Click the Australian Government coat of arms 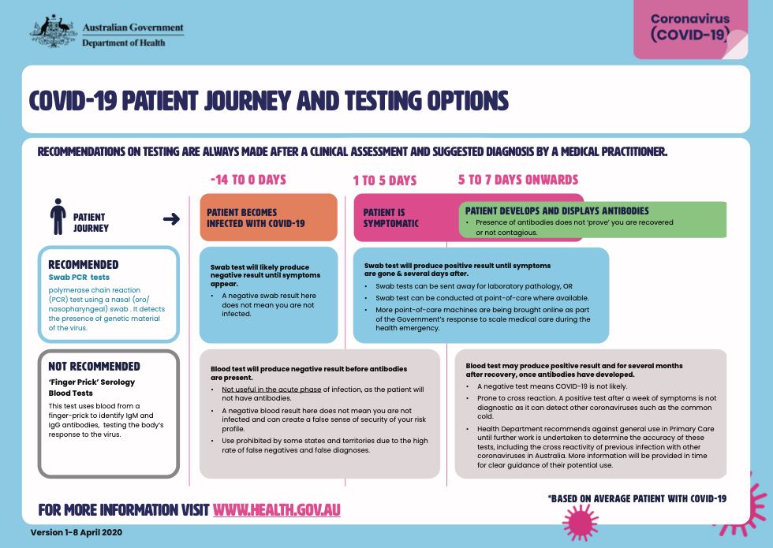coord(53,30)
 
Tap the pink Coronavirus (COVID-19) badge coord(690,30)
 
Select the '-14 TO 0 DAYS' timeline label coord(248,180)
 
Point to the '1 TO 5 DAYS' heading coord(384,181)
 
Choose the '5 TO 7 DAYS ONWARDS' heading coord(518,180)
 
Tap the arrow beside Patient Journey coord(170,218)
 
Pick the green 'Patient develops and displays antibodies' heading coord(557,211)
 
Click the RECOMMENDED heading coord(84,265)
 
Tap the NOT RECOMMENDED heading coord(94,366)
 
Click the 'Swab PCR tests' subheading coord(79,278)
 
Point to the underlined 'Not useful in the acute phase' coord(271,390)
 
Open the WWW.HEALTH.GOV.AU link coord(276,509)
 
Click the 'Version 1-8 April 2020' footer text coord(76,532)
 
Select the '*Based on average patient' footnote coord(637,498)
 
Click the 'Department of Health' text coord(124,43)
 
